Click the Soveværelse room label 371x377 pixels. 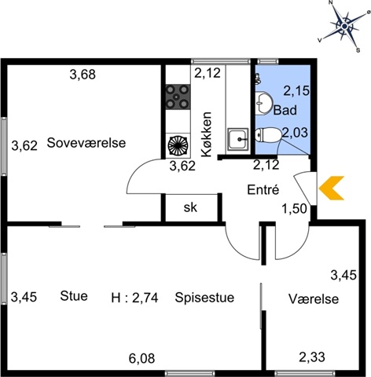[x=86, y=143]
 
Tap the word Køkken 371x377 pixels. [x=207, y=134]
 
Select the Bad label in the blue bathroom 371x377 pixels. [x=285, y=110]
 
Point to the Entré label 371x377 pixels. [x=263, y=189]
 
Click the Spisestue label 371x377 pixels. [x=204, y=298]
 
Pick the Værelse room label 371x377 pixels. [x=314, y=298]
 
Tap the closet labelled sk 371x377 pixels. [x=190, y=207]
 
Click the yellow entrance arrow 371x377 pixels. [x=331, y=188]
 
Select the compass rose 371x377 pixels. [x=344, y=26]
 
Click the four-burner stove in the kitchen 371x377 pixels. [x=178, y=97]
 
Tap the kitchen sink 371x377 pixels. [x=237, y=139]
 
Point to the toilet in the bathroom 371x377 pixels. [x=268, y=135]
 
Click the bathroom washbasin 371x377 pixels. [x=263, y=103]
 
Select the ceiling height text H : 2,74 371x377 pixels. [x=134, y=298]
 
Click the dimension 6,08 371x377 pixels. [x=141, y=358]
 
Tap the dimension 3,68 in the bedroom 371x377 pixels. [x=83, y=75]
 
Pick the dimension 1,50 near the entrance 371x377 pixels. [x=294, y=209]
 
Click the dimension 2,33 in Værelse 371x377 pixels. [x=312, y=357]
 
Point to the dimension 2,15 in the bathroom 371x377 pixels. [x=296, y=91]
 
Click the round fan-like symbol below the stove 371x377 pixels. [x=178, y=145]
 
